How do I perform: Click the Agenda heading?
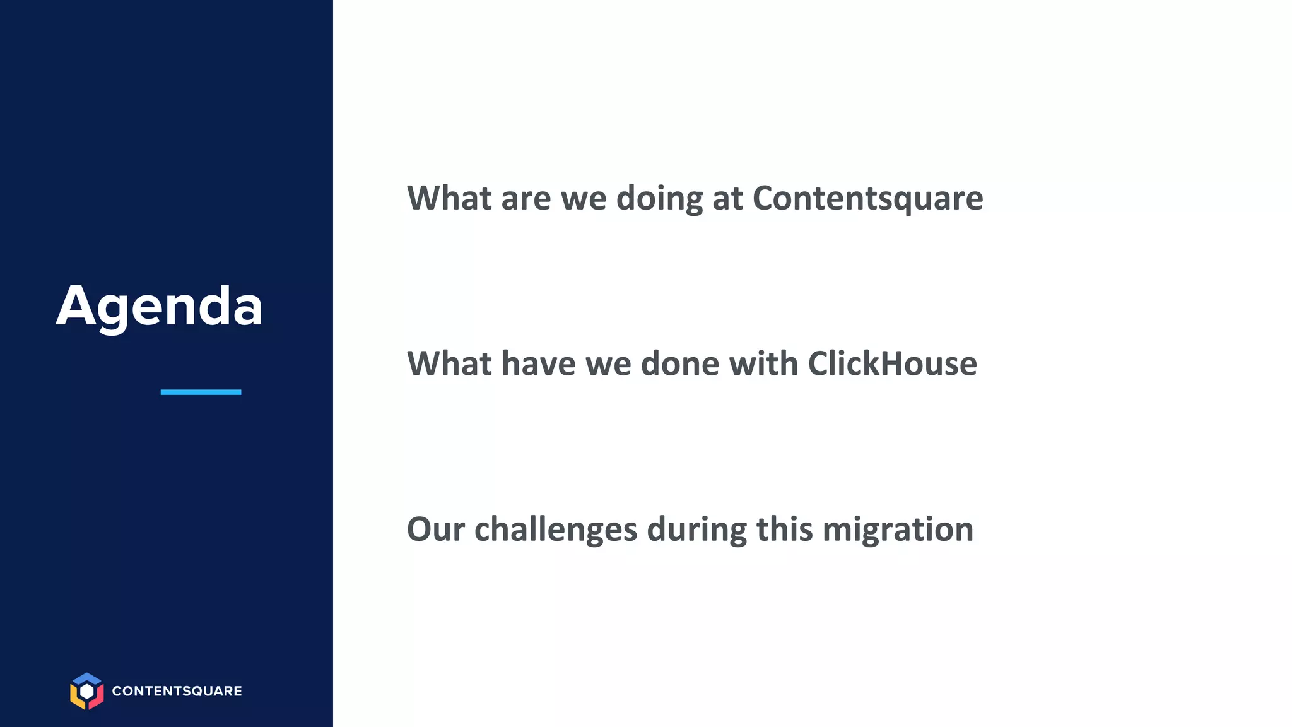click(159, 306)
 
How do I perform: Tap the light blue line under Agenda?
click(201, 392)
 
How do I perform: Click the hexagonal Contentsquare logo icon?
click(86, 691)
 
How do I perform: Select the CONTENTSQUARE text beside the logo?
click(177, 691)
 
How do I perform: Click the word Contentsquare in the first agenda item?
click(867, 198)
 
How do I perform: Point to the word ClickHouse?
click(892, 363)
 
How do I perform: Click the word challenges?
click(555, 529)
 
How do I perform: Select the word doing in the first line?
click(659, 198)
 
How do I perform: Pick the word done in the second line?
click(679, 363)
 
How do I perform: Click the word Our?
click(435, 529)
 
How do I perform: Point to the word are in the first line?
click(526, 198)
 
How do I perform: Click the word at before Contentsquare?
click(727, 198)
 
